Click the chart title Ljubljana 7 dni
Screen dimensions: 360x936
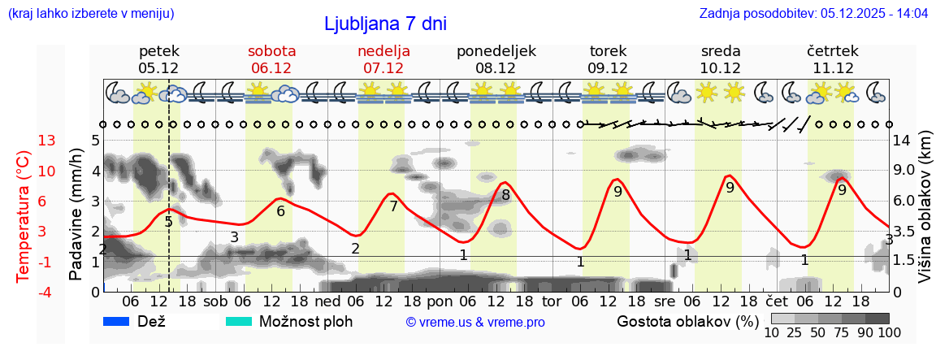coord(385,24)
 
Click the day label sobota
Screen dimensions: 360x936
coord(271,50)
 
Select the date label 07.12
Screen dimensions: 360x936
coord(383,68)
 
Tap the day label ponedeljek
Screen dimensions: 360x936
coord(496,50)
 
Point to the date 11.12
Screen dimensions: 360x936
coord(833,68)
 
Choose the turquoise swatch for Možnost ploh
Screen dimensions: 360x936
coord(239,321)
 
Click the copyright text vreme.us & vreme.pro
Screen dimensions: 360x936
coord(474,322)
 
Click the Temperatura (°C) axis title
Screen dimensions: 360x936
coord(23,216)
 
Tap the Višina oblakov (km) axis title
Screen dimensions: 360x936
coord(925,215)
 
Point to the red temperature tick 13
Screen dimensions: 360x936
coord(47,141)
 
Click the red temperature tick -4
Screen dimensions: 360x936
coord(47,292)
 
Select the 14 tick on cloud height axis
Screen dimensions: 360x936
coord(903,141)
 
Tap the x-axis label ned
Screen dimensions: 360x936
coord(327,301)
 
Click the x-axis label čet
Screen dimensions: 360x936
coord(778,301)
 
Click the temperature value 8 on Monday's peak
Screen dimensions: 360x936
coord(505,195)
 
